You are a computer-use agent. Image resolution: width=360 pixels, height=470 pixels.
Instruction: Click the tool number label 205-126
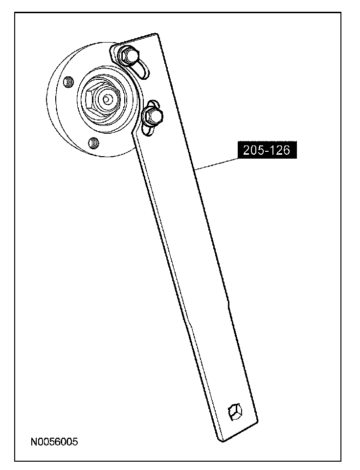267,150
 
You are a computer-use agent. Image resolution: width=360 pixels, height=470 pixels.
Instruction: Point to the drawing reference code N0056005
54,442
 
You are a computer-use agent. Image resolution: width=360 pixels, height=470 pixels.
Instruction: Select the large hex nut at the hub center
103,99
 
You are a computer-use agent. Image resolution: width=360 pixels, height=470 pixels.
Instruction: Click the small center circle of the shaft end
106,98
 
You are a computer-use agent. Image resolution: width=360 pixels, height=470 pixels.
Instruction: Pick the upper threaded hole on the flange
68,81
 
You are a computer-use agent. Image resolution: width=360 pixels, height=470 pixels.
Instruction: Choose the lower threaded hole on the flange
94,142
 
